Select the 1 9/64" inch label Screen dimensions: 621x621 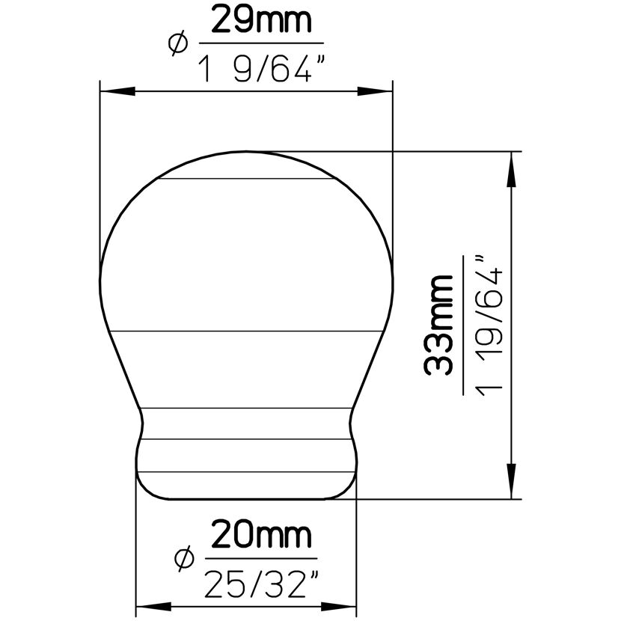pos(263,69)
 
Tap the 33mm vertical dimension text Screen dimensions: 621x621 pos(438,325)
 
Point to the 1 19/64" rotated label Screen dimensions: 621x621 pos(489,326)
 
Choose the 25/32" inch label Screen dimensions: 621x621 pos(261,584)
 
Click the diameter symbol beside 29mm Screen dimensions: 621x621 pos(178,43)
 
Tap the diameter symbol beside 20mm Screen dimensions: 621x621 pos(185,558)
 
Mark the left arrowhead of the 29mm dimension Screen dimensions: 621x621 pos(117,91)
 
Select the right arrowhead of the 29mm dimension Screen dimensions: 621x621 pos(375,91)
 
